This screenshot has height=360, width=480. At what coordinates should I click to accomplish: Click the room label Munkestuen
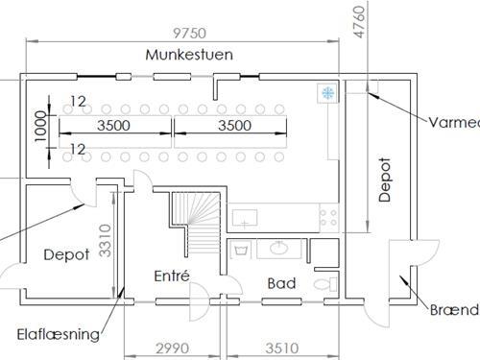[x=189, y=55]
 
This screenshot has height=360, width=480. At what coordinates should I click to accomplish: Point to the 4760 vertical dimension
[x=359, y=20]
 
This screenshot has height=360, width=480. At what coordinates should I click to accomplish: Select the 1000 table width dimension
[x=39, y=125]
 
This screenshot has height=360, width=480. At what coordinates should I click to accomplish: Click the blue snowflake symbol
[x=327, y=93]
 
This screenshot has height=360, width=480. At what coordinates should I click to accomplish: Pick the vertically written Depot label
[x=385, y=180]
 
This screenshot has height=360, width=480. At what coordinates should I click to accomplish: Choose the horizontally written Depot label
[x=66, y=255]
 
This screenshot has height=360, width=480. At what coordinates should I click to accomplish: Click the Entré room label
[x=172, y=276]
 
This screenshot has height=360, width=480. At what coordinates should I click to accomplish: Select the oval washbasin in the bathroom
[x=279, y=250]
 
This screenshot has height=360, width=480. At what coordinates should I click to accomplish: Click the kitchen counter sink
[x=247, y=218]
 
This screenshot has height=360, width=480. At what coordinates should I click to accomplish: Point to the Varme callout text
[x=454, y=121]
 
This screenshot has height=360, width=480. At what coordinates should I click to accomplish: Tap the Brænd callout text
[x=454, y=309]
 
